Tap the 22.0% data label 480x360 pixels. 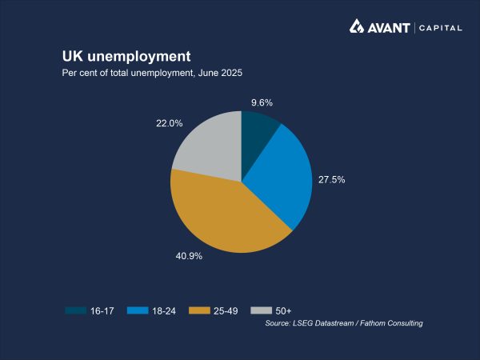[x=170, y=123]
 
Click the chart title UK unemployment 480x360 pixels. [x=126, y=57]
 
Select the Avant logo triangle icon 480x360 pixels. [x=357, y=27]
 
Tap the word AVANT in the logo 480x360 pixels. [x=389, y=27]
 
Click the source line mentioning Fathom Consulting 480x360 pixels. [x=343, y=323]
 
